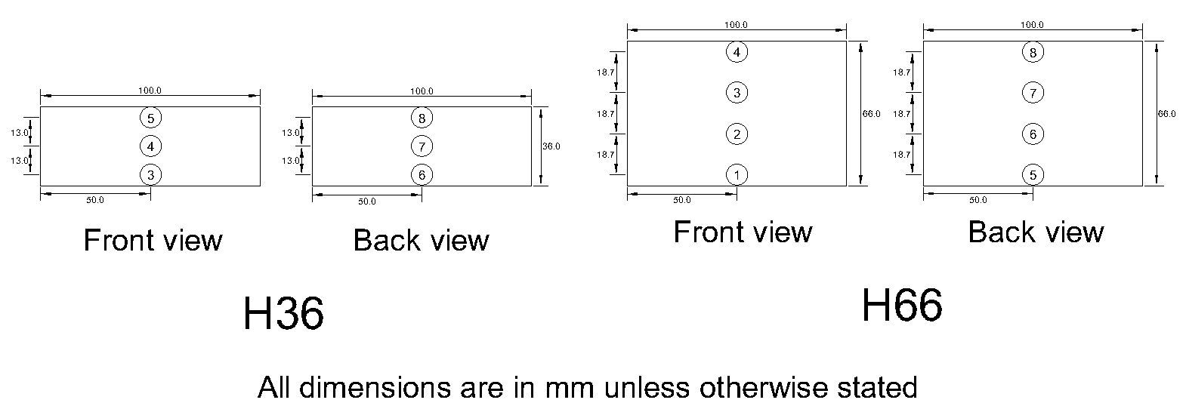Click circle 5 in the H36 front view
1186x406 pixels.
click(x=151, y=118)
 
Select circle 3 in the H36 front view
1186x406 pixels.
click(x=151, y=175)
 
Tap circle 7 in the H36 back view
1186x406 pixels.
click(x=422, y=146)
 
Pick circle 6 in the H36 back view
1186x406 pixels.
click(x=422, y=175)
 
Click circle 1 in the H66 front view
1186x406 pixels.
click(x=737, y=175)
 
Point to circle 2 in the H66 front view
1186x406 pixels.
click(x=737, y=134)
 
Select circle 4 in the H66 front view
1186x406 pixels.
click(x=737, y=52)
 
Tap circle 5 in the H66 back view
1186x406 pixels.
click(x=1033, y=175)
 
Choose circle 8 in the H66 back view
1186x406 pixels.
click(x=1033, y=52)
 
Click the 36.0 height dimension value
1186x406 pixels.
click(x=551, y=146)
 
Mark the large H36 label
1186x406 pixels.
click(x=283, y=314)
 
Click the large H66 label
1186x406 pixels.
click(x=902, y=306)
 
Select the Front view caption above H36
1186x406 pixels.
click(x=153, y=241)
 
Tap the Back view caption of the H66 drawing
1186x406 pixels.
click(x=1036, y=232)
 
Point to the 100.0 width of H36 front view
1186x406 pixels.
click(x=150, y=91)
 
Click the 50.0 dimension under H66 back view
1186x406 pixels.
click(x=978, y=200)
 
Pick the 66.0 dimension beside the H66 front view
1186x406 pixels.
click(x=871, y=114)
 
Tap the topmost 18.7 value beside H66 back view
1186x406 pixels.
click(x=900, y=73)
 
